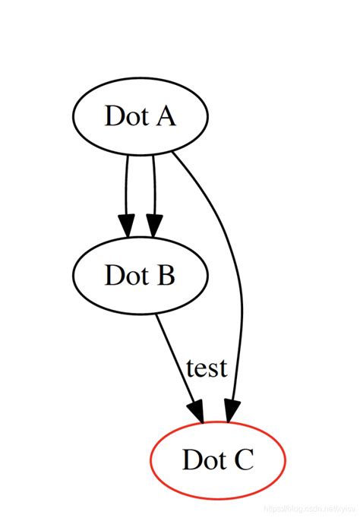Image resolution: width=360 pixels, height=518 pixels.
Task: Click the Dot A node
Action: (x=140, y=117)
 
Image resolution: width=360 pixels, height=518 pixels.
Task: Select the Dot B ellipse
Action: (x=140, y=274)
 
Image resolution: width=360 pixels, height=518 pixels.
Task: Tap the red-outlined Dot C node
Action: (x=218, y=460)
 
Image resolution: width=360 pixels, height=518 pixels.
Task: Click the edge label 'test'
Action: (x=207, y=368)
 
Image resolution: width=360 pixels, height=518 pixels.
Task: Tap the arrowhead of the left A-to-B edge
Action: (x=127, y=226)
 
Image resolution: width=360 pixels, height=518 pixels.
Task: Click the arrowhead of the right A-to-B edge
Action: (x=154, y=226)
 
